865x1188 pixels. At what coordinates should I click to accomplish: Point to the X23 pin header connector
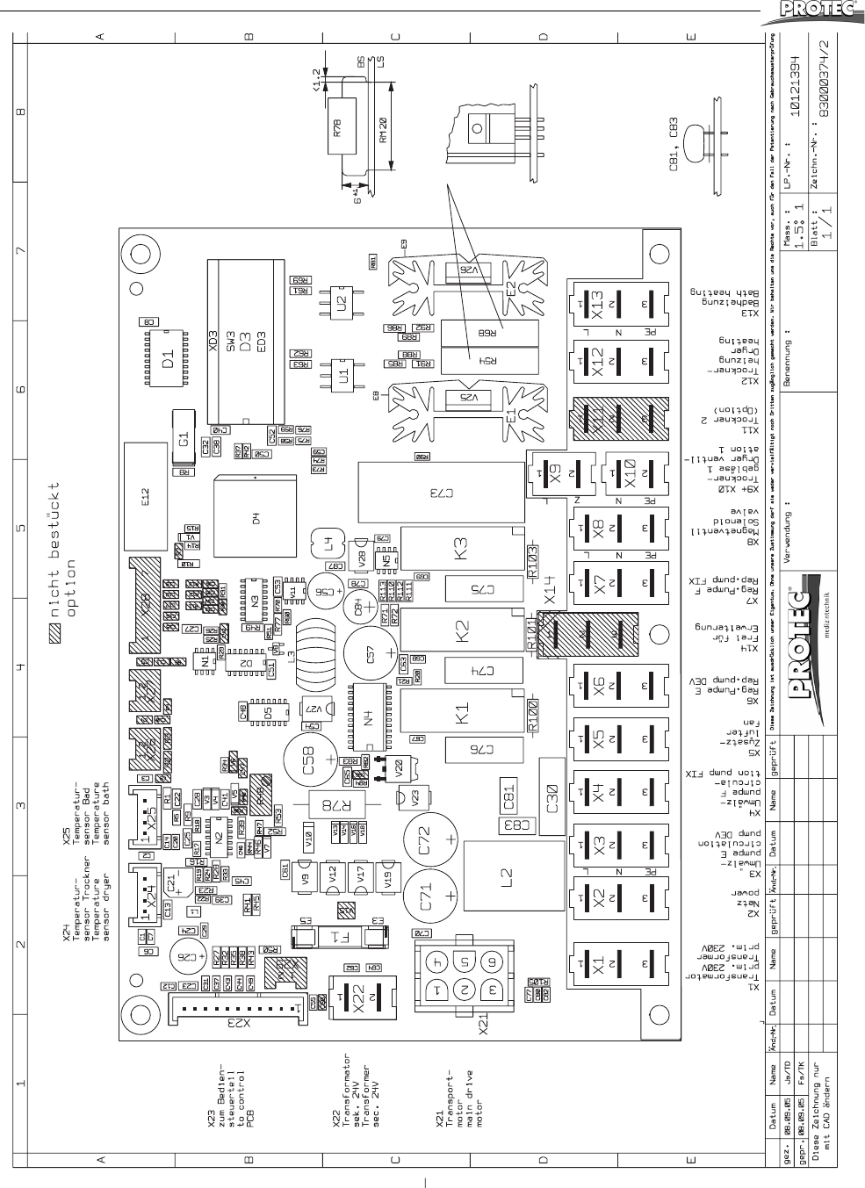click(x=235, y=1010)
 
